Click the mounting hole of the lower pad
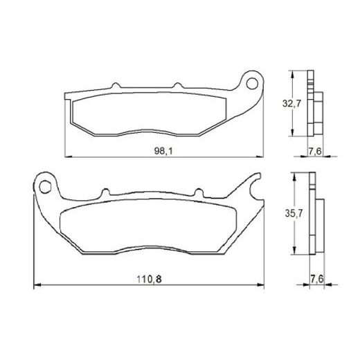[46, 186]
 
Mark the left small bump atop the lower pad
[106, 192]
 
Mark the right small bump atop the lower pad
[196, 192]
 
